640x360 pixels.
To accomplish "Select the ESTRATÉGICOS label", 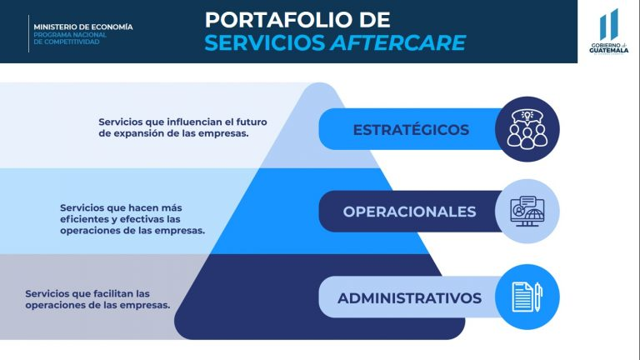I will pyautogui.click(x=411, y=130).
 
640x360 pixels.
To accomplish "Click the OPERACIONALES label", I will pyautogui.click(x=409, y=212).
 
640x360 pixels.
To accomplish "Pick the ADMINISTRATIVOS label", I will pyautogui.click(x=409, y=297).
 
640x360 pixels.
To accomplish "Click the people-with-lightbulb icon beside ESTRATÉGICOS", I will pyautogui.click(x=527, y=129).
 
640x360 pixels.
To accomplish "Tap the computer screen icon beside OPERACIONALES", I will pyautogui.click(x=527, y=212).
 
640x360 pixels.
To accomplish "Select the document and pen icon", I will pyautogui.click(x=526, y=297).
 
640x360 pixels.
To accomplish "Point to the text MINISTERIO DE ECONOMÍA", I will pyautogui.click(x=83, y=27).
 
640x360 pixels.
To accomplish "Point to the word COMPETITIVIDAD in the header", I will pyautogui.click(x=78, y=42).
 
